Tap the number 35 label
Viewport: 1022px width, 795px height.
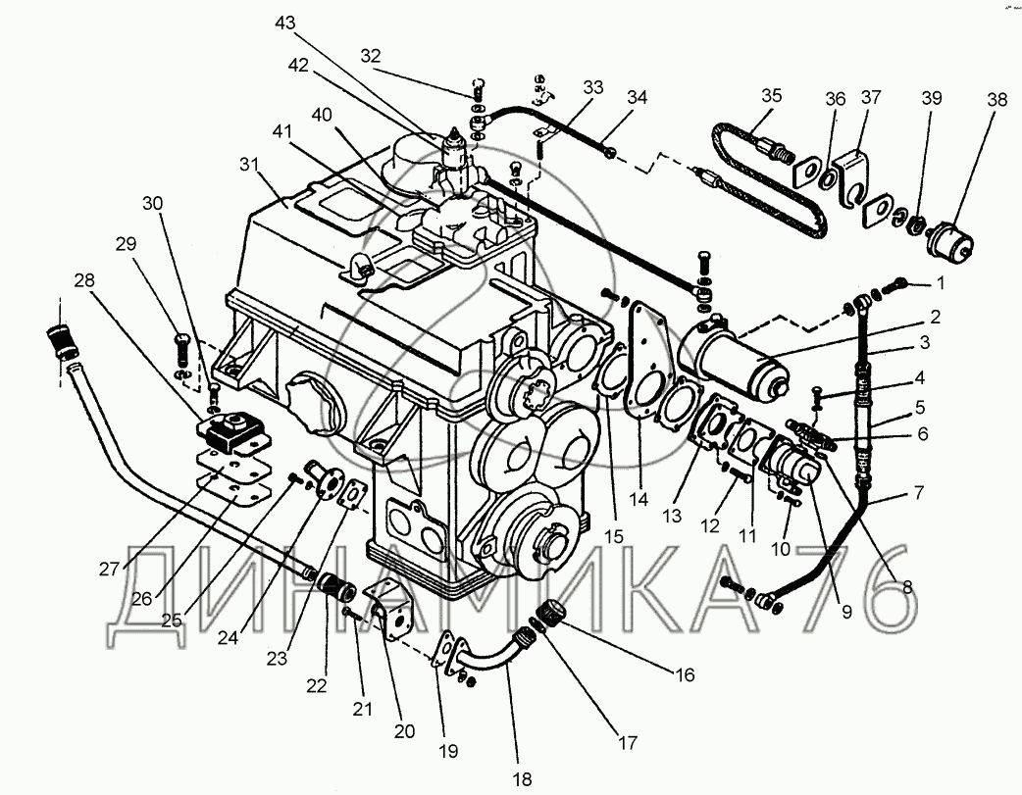[772, 96]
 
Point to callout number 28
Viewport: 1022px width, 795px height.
[85, 281]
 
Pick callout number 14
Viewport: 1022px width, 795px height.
[639, 497]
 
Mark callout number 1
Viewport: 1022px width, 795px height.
[939, 284]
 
